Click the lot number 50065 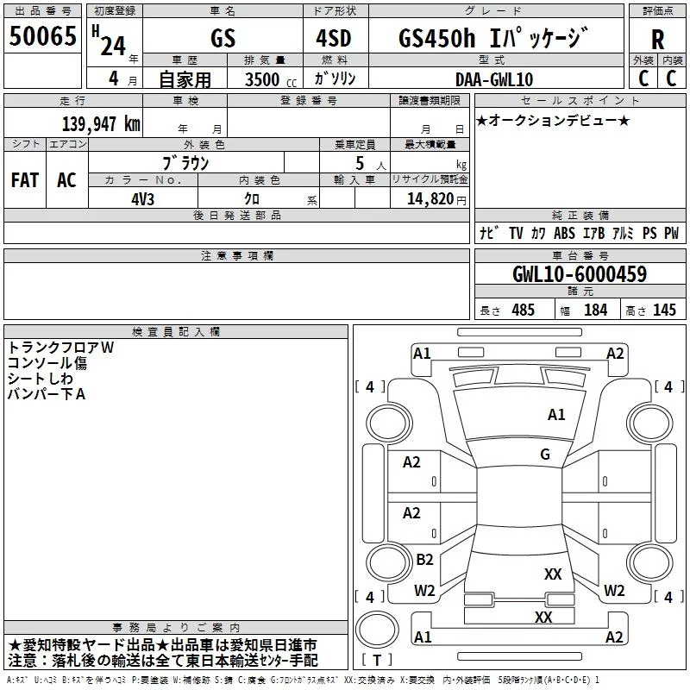42,36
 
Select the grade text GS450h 437,38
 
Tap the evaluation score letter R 657,40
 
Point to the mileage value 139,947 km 101,124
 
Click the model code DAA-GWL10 494,79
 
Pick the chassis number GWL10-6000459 580,274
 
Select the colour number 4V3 142,199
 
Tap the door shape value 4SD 334,38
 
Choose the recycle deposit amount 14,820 430,199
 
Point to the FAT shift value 25,180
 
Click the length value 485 523,310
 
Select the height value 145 664,310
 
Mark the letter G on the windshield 545,454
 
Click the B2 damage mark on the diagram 424,559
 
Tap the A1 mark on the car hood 556,415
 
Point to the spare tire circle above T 377,630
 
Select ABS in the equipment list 564,233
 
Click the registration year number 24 113,47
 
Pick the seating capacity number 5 360,163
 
